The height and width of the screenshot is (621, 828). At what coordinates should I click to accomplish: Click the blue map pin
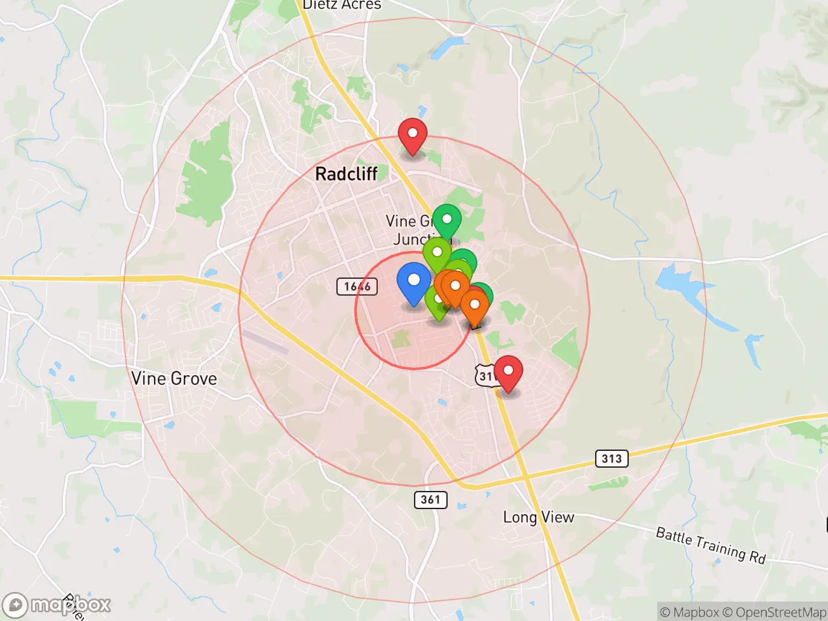pos(413,281)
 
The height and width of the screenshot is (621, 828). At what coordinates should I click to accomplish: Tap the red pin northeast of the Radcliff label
pos(412,135)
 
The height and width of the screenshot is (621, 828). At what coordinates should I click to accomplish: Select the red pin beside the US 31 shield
pos(508,372)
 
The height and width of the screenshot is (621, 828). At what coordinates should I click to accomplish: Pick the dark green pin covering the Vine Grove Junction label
pos(446,221)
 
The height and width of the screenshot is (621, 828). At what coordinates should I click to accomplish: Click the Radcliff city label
pos(346,173)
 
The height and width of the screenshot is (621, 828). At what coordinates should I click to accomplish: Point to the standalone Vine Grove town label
pos(173,378)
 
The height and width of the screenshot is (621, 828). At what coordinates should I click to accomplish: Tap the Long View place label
pos(538,517)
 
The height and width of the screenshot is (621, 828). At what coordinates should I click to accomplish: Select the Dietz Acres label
pos(342,5)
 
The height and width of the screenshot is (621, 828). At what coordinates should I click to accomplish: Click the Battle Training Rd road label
pos(710,545)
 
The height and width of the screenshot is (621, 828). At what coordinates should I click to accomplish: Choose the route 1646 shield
pos(357,286)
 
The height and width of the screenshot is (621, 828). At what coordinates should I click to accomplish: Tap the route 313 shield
pos(611,459)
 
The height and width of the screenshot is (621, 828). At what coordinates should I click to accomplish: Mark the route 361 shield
pos(430,499)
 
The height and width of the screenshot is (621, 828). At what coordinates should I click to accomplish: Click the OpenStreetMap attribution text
pos(774,612)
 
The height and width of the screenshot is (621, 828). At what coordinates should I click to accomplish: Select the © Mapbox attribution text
pos(689,612)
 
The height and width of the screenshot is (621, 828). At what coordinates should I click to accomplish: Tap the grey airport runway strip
pos(265,342)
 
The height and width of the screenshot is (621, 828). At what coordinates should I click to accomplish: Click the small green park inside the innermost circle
pos(401,338)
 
